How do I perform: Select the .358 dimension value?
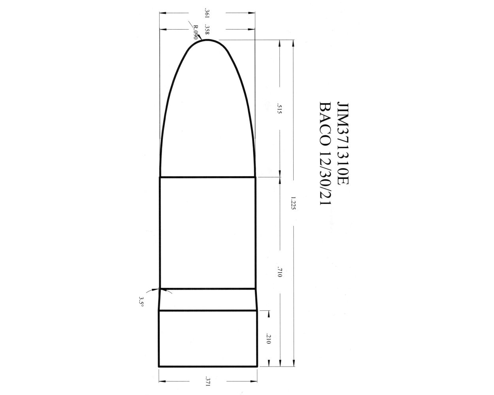point(207,29)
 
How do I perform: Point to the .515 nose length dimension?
point(279,109)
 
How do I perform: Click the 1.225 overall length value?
point(293,202)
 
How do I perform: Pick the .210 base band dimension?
point(269,338)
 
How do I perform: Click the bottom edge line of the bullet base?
point(208,367)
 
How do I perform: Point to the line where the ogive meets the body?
point(208,177)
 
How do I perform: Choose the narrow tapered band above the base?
point(208,299)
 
